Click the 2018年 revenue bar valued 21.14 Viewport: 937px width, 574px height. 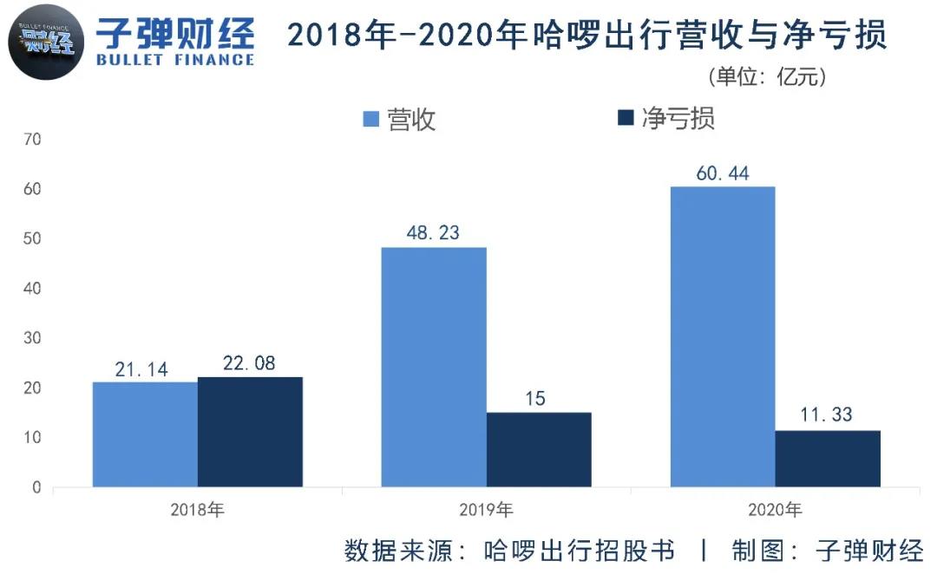point(145,434)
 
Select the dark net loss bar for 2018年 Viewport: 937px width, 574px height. point(250,432)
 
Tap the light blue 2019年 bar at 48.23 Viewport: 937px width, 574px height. point(434,367)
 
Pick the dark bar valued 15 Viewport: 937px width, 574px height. point(539,449)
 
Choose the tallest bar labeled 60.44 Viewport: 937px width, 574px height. point(723,336)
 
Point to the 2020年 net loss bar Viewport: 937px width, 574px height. point(828,459)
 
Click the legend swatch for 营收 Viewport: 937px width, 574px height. point(371,119)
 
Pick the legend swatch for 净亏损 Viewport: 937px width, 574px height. point(626,119)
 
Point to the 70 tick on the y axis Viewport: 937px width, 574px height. point(34,139)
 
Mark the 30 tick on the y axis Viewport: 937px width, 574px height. point(34,338)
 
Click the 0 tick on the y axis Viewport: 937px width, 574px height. point(36,487)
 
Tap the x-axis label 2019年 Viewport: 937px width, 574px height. point(487,510)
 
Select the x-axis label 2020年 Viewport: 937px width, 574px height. point(775,510)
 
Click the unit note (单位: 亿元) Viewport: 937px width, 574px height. point(767,77)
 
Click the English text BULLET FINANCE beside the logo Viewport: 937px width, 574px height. point(175,60)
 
